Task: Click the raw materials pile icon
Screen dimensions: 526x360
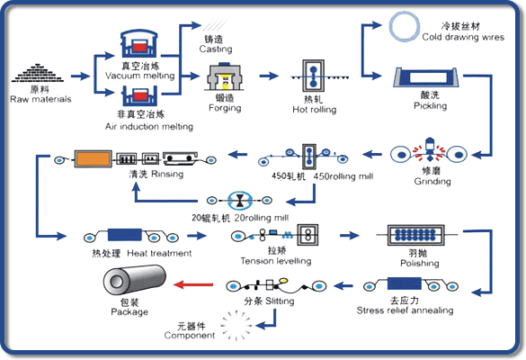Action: point(37,73)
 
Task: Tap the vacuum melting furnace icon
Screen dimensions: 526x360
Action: point(138,44)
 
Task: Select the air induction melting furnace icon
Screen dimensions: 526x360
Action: point(139,96)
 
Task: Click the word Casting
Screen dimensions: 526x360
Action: point(216,49)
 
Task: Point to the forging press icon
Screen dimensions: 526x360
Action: point(224,76)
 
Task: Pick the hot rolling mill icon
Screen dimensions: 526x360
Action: point(313,76)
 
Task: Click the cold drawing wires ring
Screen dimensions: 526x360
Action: point(405,27)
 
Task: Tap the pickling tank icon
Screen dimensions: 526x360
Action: point(426,77)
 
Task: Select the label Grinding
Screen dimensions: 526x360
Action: point(432,181)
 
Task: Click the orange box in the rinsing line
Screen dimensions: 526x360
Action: point(93,158)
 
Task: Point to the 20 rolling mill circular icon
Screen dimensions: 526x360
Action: point(240,201)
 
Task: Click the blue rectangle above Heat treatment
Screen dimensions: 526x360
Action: point(125,235)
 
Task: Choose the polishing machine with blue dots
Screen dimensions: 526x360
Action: point(416,235)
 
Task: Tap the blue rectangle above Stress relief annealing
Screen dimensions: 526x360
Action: point(405,283)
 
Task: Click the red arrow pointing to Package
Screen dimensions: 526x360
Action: point(193,284)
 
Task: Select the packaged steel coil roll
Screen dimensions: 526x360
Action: point(135,279)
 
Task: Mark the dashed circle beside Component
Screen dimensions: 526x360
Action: point(236,326)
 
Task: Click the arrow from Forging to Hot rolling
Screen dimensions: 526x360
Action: point(269,76)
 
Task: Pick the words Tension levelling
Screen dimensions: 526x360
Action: point(276,261)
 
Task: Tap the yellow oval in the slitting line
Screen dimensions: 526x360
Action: point(283,280)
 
